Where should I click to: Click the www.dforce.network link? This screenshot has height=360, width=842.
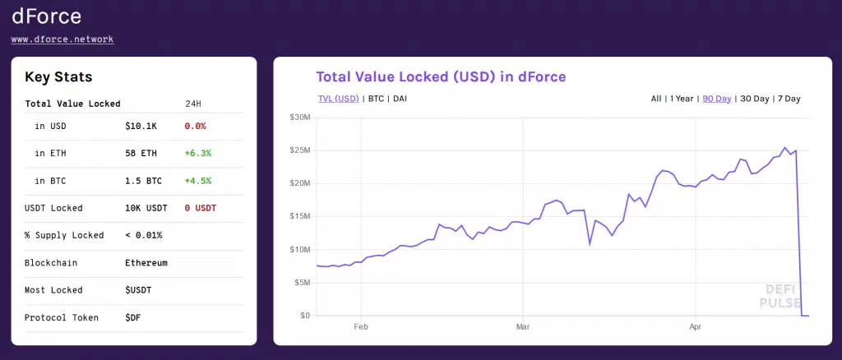point(62,39)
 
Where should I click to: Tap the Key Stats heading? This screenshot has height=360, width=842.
point(58,77)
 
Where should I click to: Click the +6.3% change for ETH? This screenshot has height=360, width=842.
point(198,153)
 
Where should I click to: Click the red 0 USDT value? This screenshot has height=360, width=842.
point(201,208)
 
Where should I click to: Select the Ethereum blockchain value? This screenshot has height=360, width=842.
point(146,263)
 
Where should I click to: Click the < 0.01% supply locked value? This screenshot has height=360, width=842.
point(144,235)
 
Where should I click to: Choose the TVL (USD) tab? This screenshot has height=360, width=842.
point(339,99)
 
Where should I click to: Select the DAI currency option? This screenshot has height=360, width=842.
point(400,99)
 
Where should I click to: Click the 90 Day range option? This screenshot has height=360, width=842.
point(717,99)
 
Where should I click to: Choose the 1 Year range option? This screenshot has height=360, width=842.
point(682,99)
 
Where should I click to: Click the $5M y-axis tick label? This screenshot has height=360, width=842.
point(302,283)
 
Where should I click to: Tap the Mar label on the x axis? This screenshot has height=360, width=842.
point(522,326)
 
